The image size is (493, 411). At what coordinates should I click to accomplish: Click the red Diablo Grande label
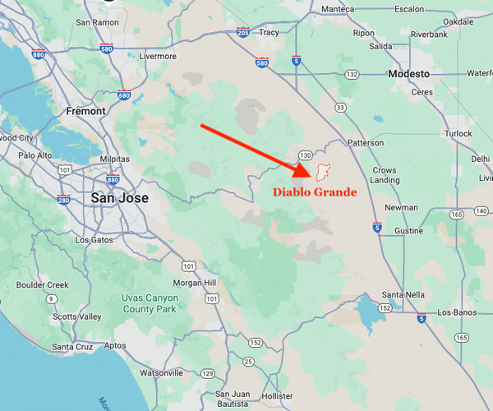pyautogui.click(x=315, y=193)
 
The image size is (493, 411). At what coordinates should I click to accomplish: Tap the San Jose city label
pyautogui.click(x=120, y=198)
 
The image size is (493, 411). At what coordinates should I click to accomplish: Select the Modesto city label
pyautogui.click(x=409, y=74)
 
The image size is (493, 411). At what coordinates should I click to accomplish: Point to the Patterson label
pyautogui.click(x=366, y=142)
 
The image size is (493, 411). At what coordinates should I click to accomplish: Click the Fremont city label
pyautogui.click(x=85, y=111)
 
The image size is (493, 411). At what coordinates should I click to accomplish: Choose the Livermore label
pyautogui.click(x=159, y=56)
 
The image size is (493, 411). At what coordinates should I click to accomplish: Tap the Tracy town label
pyautogui.click(x=269, y=33)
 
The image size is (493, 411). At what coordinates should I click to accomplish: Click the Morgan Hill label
pyautogui.click(x=195, y=283)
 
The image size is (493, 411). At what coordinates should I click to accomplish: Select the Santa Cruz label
pyautogui.click(x=73, y=347)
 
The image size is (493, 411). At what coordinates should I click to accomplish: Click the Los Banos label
pyautogui.click(x=457, y=312)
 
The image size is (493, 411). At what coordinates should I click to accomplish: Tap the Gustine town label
pyautogui.click(x=408, y=232)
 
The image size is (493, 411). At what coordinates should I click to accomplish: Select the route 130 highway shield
pyautogui.click(x=305, y=155)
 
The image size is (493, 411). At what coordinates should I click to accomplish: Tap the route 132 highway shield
pyautogui.click(x=352, y=75)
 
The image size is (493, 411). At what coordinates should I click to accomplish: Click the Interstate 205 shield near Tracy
pyautogui.click(x=242, y=32)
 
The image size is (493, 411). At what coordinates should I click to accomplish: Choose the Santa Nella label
pyautogui.click(x=403, y=294)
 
